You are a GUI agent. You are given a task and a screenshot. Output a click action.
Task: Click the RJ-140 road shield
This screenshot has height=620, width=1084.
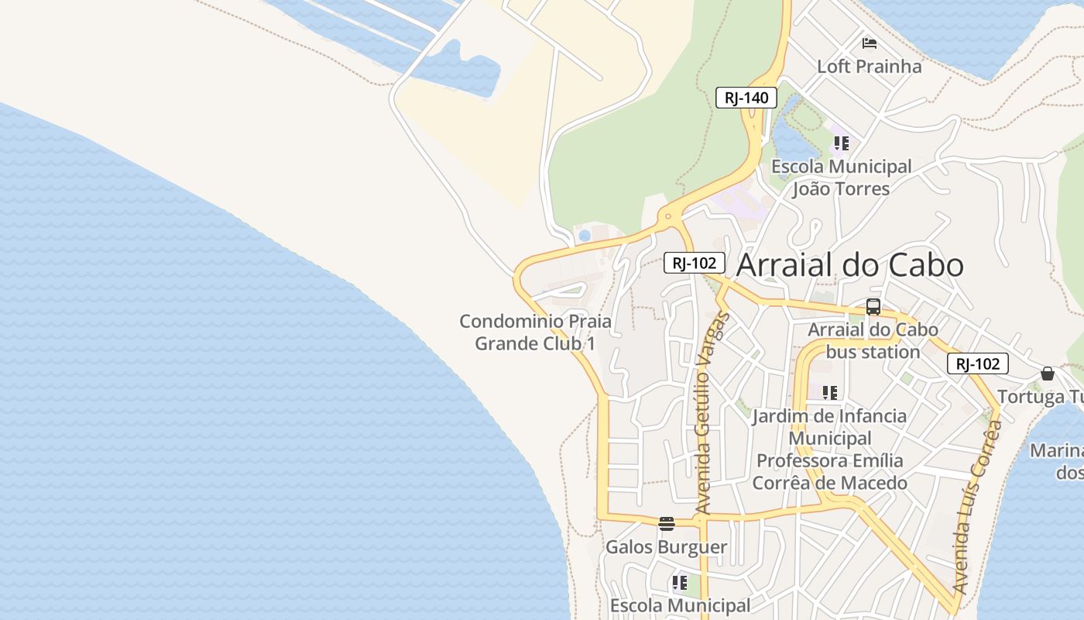coord(746,98)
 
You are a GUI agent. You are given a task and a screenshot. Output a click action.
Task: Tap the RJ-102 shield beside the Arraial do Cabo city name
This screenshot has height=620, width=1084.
coord(694,263)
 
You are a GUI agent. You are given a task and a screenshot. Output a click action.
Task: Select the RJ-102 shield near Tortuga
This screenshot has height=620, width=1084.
coord(977,363)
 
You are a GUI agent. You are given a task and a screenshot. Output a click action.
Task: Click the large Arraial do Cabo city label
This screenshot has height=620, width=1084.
coord(849,265)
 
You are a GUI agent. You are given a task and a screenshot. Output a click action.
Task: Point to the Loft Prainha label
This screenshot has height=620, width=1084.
coord(870,67)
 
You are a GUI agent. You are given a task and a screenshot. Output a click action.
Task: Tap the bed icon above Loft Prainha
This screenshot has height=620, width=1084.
coord(870,43)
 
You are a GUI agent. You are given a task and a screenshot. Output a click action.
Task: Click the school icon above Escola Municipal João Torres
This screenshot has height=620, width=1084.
coord(841,143)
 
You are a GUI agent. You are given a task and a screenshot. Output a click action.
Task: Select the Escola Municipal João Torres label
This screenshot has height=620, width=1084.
coord(841,177)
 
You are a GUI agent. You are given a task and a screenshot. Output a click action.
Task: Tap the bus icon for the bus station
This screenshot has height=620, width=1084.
coord(873,307)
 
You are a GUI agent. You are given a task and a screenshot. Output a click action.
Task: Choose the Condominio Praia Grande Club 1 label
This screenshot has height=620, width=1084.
coord(535,332)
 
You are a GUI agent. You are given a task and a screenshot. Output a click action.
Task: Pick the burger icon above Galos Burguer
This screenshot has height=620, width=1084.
coord(666,523)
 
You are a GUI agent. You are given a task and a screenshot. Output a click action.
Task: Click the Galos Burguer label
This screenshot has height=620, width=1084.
coord(666,547)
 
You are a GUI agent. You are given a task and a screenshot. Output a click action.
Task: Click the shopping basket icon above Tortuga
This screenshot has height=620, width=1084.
coord(1048,374)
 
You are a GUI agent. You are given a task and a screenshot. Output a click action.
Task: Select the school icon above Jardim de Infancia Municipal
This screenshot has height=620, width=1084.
coord(830,393)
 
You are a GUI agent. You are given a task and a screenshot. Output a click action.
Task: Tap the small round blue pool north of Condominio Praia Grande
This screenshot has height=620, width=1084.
coord(585,235)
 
